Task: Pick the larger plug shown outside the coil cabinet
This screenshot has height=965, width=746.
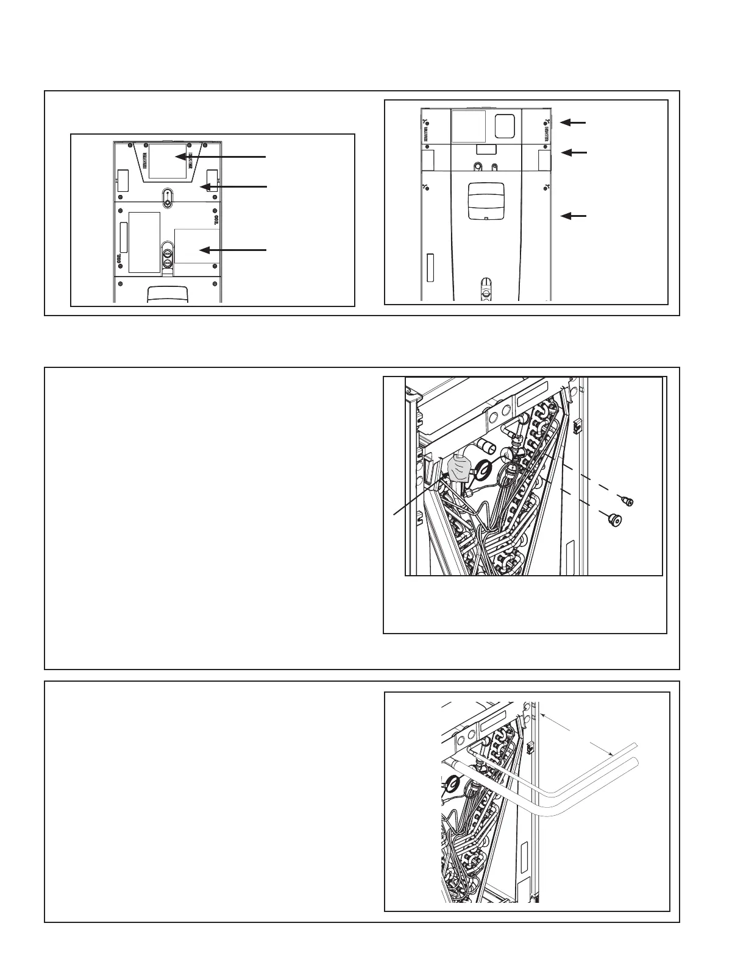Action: pos(614,520)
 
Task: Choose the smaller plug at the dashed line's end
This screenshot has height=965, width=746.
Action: pos(626,501)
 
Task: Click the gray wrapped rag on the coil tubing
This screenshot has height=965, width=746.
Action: pos(460,470)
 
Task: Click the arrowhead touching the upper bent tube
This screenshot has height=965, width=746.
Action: pos(609,754)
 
